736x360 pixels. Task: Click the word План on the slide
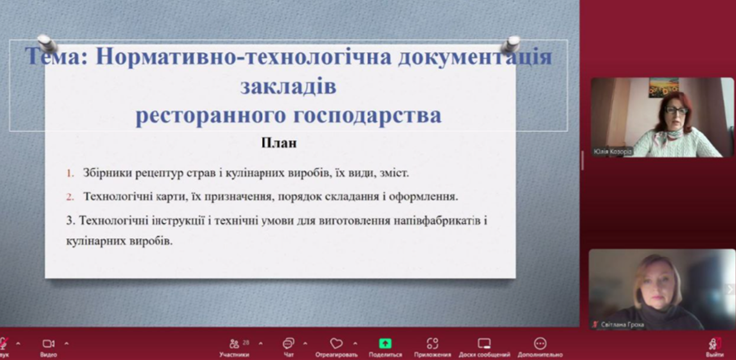279,143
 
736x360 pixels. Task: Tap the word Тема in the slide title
56,56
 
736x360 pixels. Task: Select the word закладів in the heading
289,86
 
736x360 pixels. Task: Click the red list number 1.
70,173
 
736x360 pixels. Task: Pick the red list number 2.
70,197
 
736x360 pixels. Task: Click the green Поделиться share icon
385,343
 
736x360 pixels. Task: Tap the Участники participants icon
234,343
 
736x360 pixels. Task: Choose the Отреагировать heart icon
336,343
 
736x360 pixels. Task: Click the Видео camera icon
48,343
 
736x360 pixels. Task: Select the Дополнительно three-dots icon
540,343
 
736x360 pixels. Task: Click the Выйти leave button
715,348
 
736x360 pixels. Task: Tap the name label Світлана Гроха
622,325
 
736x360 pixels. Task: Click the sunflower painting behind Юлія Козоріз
664,88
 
